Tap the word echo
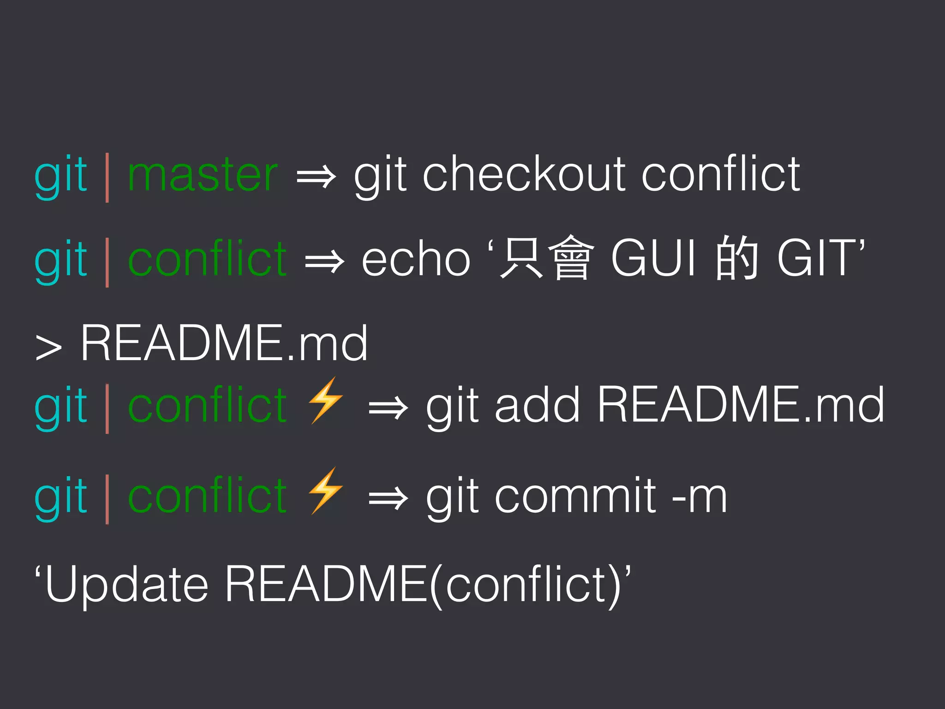[x=416, y=259]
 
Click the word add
[x=537, y=405]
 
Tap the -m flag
[x=699, y=497]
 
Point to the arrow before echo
[x=324, y=261]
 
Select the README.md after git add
[x=741, y=405]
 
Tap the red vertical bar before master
[x=107, y=177]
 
